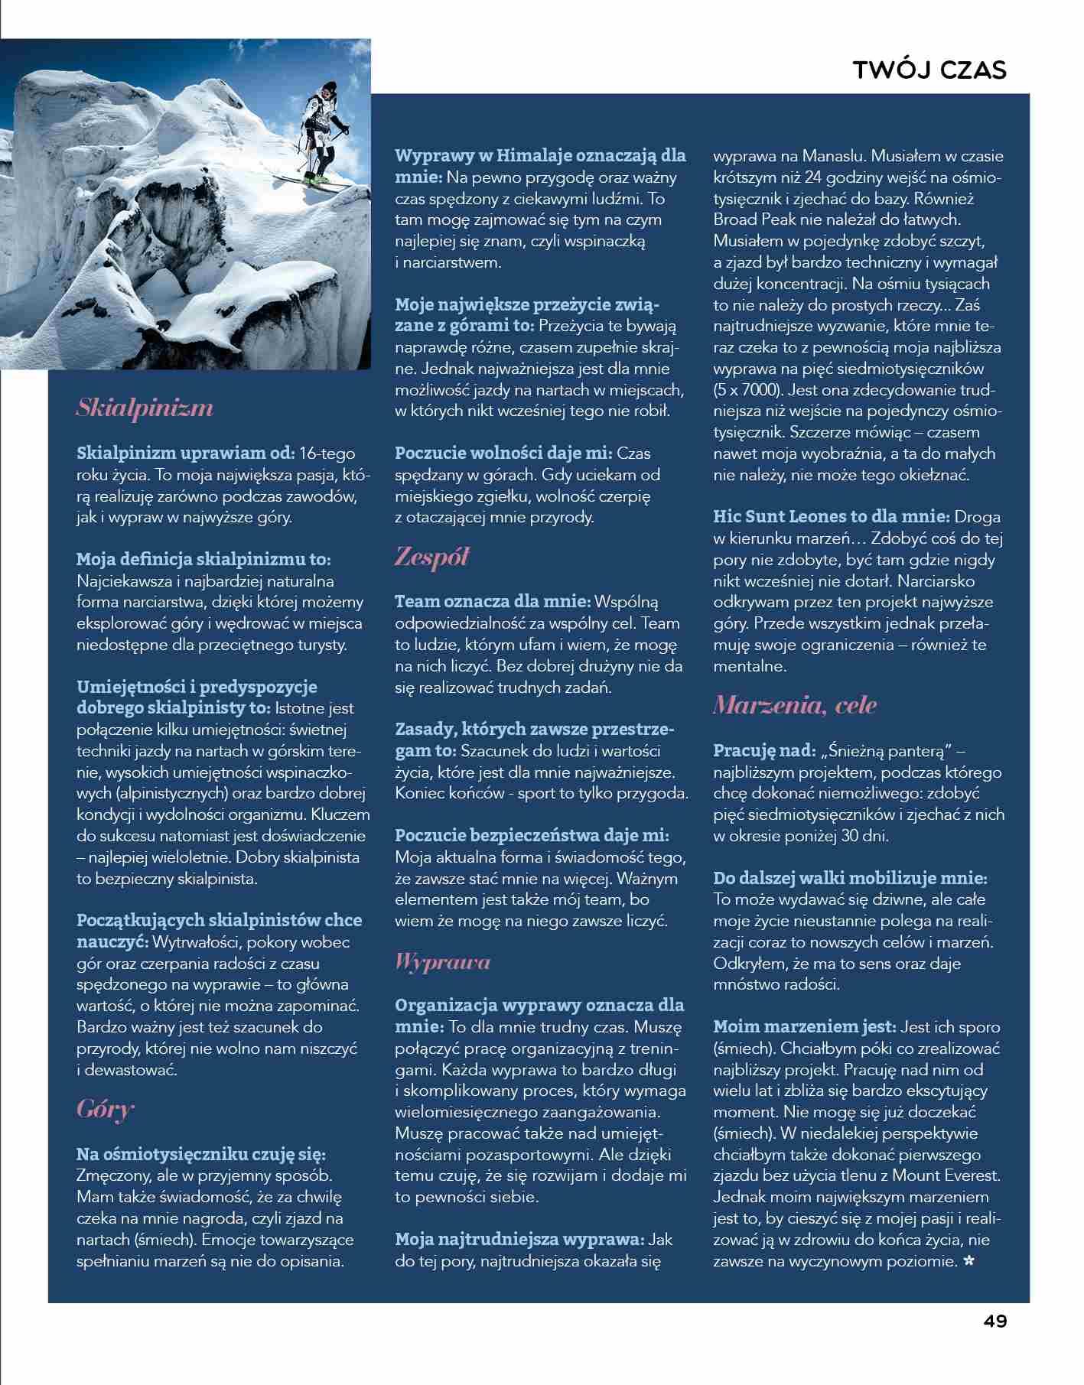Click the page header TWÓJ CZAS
click(x=929, y=70)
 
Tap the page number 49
click(x=995, y=1321)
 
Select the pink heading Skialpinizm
click(x=145, y=408)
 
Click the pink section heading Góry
click(x=106, y=1108)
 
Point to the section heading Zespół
click(x=431, y=557)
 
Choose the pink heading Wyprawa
click(x=442, y=961)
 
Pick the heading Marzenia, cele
click(x=795, y=705)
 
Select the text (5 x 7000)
click(x=747, y=389)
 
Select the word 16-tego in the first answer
click(x=327, y=454)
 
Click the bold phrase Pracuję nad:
click(x=764, y=751)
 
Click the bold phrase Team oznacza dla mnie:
click(x=493, y=602)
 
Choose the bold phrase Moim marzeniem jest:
click(x=804, y=1027)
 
